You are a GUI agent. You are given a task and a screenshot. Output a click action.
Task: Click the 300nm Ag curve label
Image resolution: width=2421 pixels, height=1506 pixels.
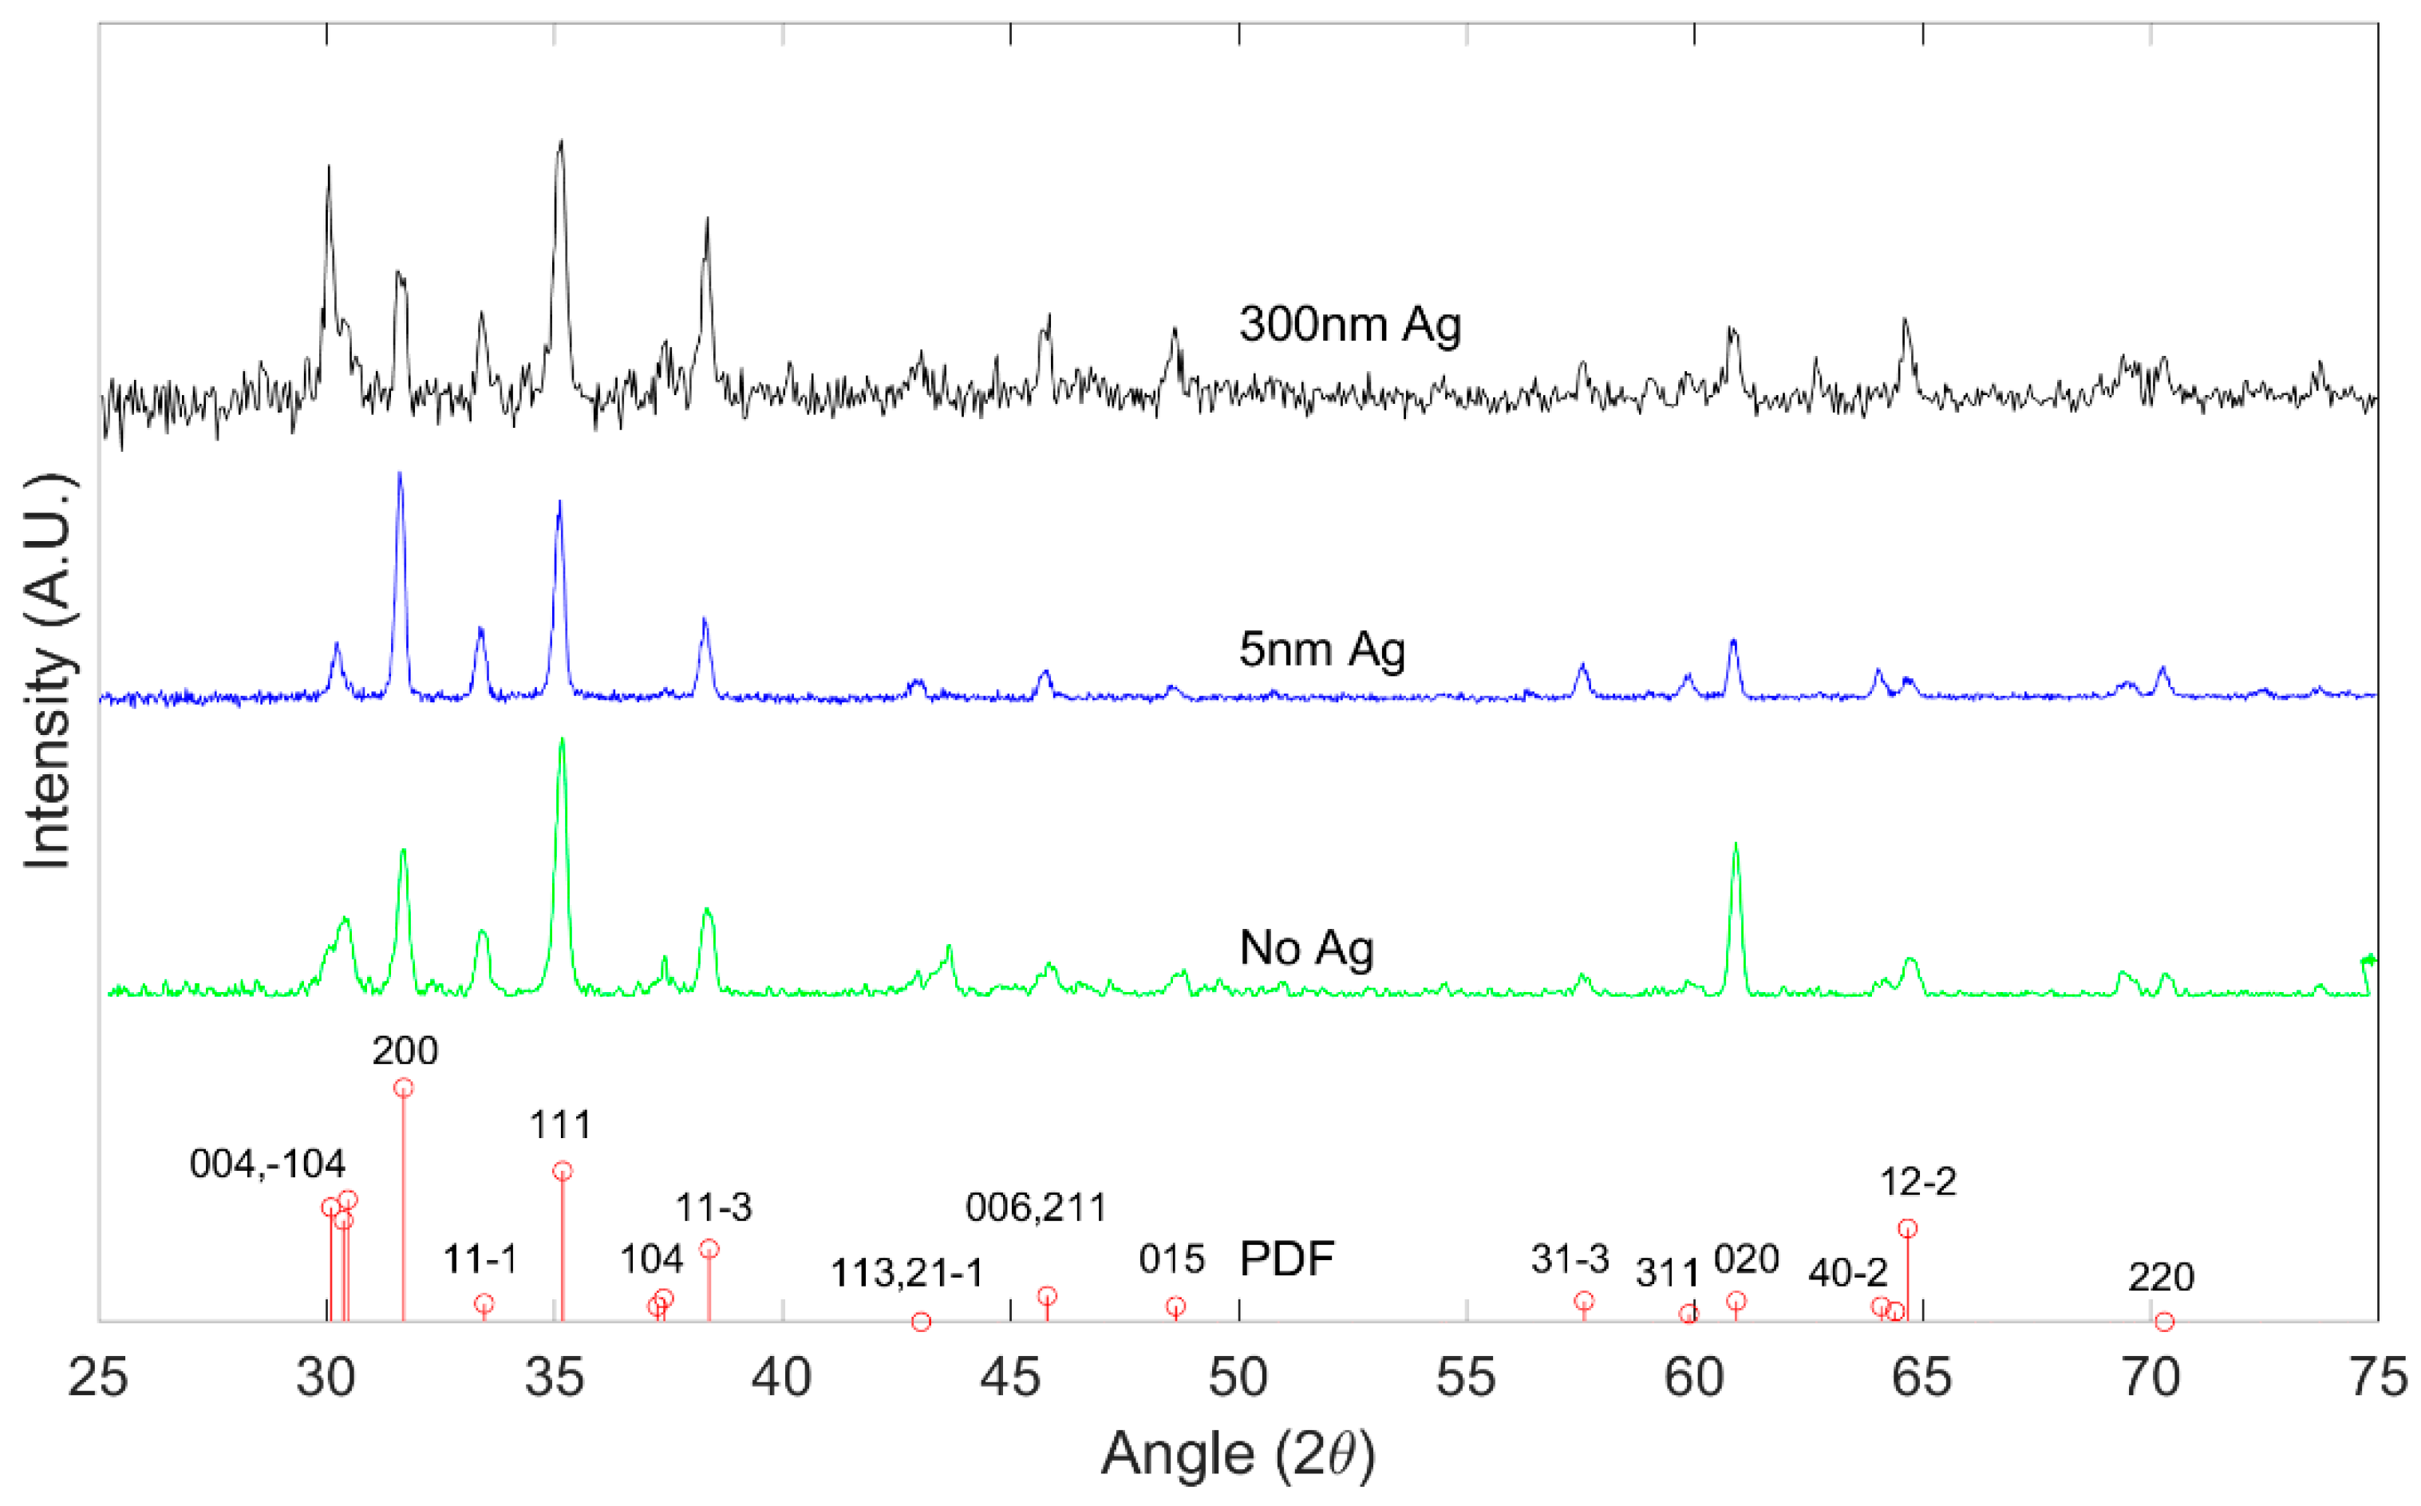coord(1349,325)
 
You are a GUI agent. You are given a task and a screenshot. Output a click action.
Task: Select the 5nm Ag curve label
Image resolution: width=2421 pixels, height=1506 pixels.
coord(1321,650)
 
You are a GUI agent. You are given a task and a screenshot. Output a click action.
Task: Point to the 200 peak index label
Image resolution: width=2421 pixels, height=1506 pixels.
coord(405,1051)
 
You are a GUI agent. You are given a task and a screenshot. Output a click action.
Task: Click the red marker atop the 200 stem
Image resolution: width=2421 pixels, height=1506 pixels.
coord(403,1088)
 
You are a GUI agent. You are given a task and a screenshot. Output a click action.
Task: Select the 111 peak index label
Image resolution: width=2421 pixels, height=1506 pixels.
coord(561,1125)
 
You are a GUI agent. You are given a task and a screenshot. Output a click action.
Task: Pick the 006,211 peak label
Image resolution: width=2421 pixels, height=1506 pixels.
coord(1036,1208)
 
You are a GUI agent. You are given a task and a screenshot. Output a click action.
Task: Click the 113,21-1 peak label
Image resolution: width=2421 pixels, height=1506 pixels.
coord(906,1273)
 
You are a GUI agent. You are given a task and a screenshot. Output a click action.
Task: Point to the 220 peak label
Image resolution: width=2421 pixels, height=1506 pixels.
coord(2160,1277)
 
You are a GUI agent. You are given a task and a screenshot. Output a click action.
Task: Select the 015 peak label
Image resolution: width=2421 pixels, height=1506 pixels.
coord(1172,1260)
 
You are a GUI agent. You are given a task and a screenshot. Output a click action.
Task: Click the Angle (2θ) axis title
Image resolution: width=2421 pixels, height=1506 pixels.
coord(1238,1454)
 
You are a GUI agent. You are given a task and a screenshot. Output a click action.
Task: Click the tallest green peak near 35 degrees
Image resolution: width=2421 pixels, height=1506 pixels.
coord(562,740)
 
